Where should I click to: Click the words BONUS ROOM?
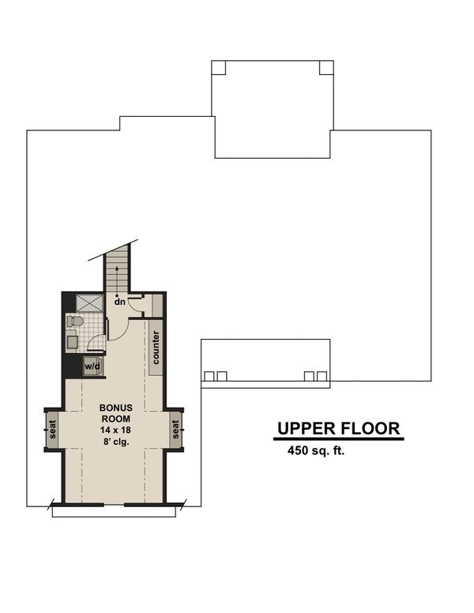(116, 413)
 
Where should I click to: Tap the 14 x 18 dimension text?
(116, 429)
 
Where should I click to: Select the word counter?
(156, 348)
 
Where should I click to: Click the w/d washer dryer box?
(92, 367)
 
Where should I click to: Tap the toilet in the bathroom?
(75, 322)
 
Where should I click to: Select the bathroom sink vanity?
(72, 341)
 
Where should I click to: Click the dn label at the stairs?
(119, 301)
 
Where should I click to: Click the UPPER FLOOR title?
(339, 429)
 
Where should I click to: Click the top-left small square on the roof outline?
(219, 67)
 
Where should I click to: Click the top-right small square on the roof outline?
(325, 67)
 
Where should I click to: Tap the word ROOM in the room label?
(116, 419)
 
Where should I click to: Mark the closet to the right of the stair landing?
(156, 304)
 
